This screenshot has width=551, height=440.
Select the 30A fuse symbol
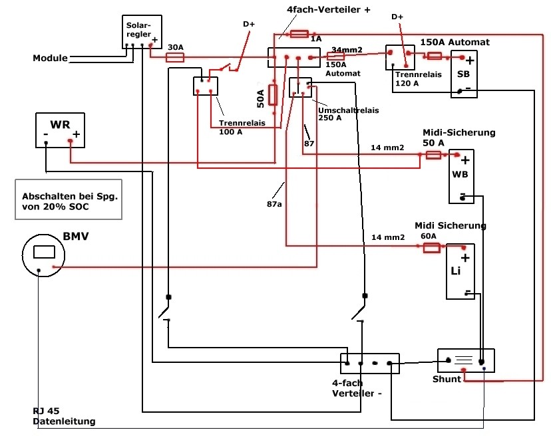coord(174,58)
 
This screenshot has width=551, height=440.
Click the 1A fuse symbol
coord(299,34)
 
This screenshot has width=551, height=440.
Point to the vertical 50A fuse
coord(273,95)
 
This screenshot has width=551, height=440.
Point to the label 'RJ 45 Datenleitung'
coord(64,416)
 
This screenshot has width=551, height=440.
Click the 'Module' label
coord(51,58)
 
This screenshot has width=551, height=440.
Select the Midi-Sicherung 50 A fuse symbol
coord(433,155)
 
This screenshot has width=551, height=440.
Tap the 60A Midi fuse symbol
coord(431,248)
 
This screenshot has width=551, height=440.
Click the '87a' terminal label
coord(274,204)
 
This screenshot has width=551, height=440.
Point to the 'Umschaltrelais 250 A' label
coord(348,114)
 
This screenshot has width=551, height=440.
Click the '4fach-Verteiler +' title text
coord(329,9)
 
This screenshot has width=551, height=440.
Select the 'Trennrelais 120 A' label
coord(418,78)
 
